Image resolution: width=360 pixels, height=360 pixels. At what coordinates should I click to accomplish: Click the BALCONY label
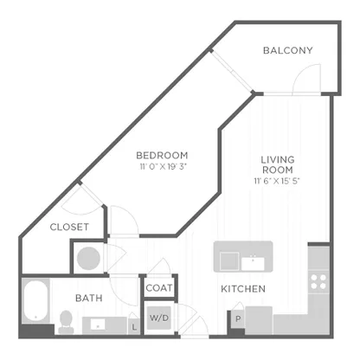[x=287, y=50]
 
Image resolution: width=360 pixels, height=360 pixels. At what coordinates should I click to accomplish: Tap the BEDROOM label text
[x=162, y=156]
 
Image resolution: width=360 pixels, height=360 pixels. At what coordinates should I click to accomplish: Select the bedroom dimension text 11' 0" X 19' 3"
[x=164, y=167]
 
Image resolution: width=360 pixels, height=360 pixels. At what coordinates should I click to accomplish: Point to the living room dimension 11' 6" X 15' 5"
[x=277, y=181]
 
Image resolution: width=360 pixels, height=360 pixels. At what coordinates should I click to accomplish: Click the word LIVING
[x=278, y=159]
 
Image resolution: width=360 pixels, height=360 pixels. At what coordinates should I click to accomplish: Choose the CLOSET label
[x=69, y=227]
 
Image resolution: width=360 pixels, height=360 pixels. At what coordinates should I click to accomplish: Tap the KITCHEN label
[x=243, y=289]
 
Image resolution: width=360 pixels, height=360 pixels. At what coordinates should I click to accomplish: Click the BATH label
[x=89, y=298]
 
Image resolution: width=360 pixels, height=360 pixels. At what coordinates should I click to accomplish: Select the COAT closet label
[x=159, y=288]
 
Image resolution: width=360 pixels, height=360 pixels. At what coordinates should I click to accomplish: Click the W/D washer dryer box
[x=159, y=318]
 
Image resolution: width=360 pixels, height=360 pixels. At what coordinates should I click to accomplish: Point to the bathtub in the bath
[x=35, y=301]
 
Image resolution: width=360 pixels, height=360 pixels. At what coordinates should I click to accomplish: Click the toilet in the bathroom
[x=66, y=322]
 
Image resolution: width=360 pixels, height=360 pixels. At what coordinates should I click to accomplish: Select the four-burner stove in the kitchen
[x=318, y=282]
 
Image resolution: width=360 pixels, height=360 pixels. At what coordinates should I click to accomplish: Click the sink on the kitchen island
[x=253, y=263]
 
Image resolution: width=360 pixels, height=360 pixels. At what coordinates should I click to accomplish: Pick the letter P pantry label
[x=238, y=319]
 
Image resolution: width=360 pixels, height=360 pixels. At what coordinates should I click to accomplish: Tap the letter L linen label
[x=134, y=327]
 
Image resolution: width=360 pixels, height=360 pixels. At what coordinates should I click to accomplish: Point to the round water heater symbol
[x=88, y=258]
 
